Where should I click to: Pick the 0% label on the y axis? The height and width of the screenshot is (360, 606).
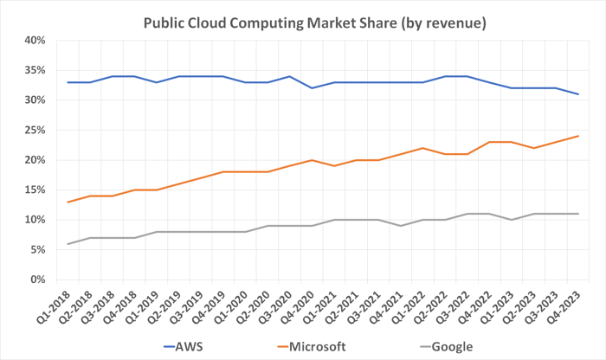[36, 280]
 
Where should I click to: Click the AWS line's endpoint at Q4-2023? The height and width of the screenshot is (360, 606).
[577, 94]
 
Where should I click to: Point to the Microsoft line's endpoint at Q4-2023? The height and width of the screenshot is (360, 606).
[577, 136]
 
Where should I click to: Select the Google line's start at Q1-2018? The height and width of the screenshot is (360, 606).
[68, 244]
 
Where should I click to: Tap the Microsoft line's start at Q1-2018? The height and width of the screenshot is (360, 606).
[68, 202]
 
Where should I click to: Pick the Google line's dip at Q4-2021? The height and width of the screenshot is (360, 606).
[400, 226]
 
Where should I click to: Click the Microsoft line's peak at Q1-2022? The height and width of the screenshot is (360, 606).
[422, 148]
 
